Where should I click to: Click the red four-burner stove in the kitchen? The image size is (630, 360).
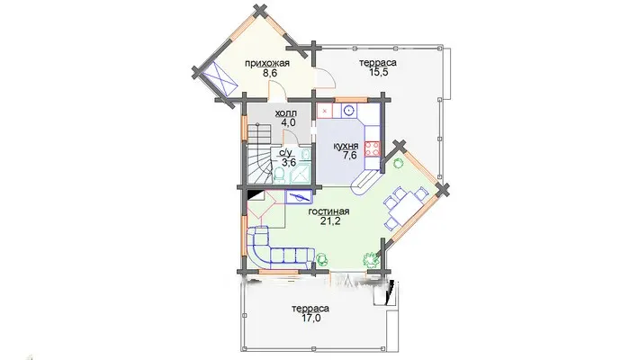click(373, 148)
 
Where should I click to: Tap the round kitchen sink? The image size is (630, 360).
click(350, 110)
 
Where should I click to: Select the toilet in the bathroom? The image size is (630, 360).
click(280, 174)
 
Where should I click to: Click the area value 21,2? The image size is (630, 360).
click(330, 221)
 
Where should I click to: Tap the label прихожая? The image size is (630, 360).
click(267, 64)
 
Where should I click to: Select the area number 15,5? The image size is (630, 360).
click(379, 72)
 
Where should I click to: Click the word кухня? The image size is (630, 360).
click(346, 146)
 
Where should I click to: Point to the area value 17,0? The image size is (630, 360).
click(310, 319)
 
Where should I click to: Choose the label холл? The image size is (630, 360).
click(285, 113)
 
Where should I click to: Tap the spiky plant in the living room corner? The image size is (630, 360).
click(371, 259)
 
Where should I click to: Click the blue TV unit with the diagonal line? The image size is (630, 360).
click(298, 197)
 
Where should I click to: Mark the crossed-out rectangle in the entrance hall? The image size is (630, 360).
click(220, 78)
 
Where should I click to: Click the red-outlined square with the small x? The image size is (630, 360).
click(325, 111)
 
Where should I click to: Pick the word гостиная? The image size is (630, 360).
click(328, 211)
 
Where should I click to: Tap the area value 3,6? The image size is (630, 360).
click(288, 163)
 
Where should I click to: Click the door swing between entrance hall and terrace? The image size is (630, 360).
click(326, 78)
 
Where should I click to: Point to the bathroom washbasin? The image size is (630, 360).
click(305, 155)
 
